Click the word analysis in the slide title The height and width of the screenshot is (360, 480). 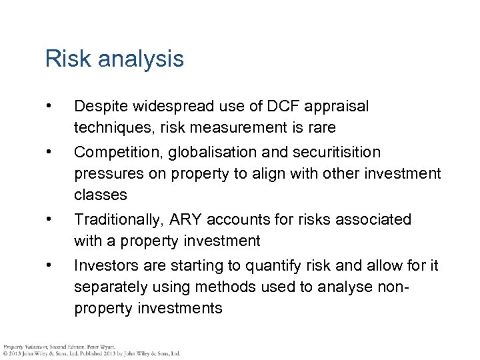click(x=140, y=59)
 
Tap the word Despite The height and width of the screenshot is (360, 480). click(x=101, y=107)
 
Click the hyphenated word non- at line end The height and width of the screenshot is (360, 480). click(x=394, y=287)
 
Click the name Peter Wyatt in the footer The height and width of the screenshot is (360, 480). click(x=101, y=347)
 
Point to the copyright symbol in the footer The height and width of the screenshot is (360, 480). click(x=5, y=353)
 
